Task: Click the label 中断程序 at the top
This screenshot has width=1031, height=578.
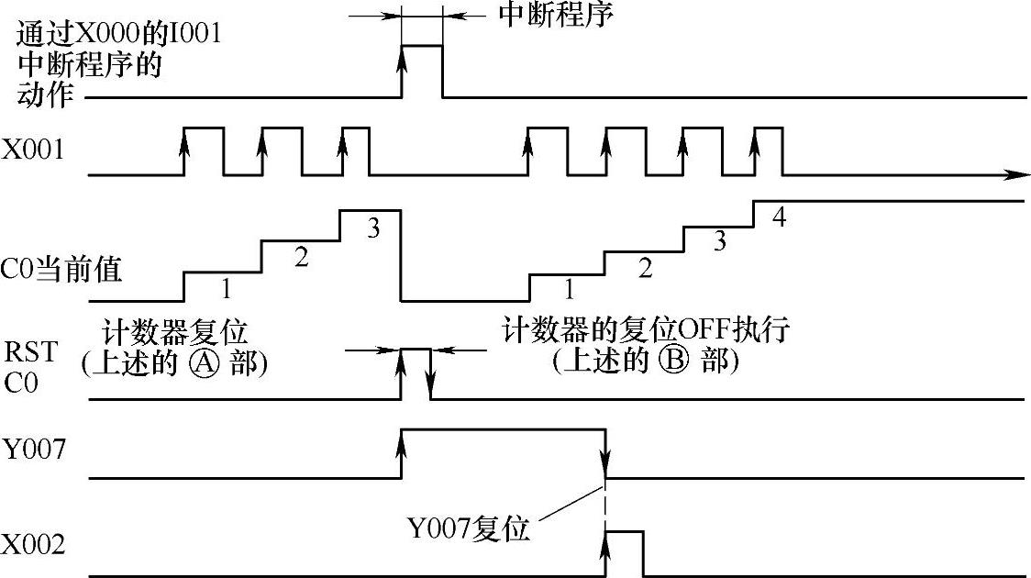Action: [554, 16]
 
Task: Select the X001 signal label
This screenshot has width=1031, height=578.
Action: [33, 150]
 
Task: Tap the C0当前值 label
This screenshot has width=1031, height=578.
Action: [63, 272]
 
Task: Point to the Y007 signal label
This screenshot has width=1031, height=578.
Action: [33, 450]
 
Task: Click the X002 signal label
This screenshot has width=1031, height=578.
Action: [33, 545]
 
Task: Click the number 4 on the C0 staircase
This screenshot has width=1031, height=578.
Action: [780, 218]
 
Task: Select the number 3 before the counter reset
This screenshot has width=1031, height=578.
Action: [372, 228]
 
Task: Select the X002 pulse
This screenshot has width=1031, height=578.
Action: [624, 553]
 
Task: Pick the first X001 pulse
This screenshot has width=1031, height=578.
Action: [203, 150]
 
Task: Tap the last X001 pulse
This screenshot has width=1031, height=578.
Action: [768, 150]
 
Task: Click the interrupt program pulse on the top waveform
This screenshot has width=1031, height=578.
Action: [421, 71]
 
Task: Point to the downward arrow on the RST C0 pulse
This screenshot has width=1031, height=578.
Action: [431, 385]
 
